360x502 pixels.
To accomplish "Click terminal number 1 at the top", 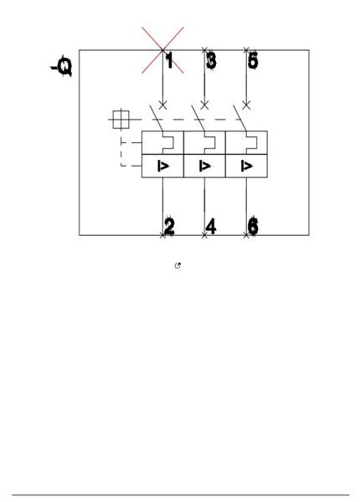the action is click(169, 60).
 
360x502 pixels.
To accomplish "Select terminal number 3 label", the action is click(211, 60).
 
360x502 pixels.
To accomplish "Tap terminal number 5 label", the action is click(253, 60).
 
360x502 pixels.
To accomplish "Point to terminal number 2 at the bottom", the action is click(169, 226).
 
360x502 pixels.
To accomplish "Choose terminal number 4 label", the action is click(211, 226).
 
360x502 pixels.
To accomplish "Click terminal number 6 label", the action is click(253, 226).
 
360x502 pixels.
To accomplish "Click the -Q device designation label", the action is click(62, 66).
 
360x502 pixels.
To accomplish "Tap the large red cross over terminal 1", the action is click(162, 50).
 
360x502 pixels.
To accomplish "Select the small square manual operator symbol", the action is click(121, 120).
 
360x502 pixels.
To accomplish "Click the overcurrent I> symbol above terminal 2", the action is click(163, 166).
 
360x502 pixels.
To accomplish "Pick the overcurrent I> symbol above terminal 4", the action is click(204, 166).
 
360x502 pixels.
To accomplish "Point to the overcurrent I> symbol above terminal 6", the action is click(246, 166).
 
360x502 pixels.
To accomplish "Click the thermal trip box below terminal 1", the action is click(162, 142).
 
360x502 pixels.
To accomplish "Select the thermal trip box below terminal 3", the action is click(204, 142).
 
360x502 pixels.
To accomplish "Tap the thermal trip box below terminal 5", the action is click(247, 142).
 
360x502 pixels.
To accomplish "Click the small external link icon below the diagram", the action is click(177, 265).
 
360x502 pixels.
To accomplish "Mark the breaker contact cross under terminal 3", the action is click(204, 105).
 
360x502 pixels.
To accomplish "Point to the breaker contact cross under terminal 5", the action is click(246, 105).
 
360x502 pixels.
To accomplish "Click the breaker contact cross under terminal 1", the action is click(162, 105).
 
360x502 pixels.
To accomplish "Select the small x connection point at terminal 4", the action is click(204, 236).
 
